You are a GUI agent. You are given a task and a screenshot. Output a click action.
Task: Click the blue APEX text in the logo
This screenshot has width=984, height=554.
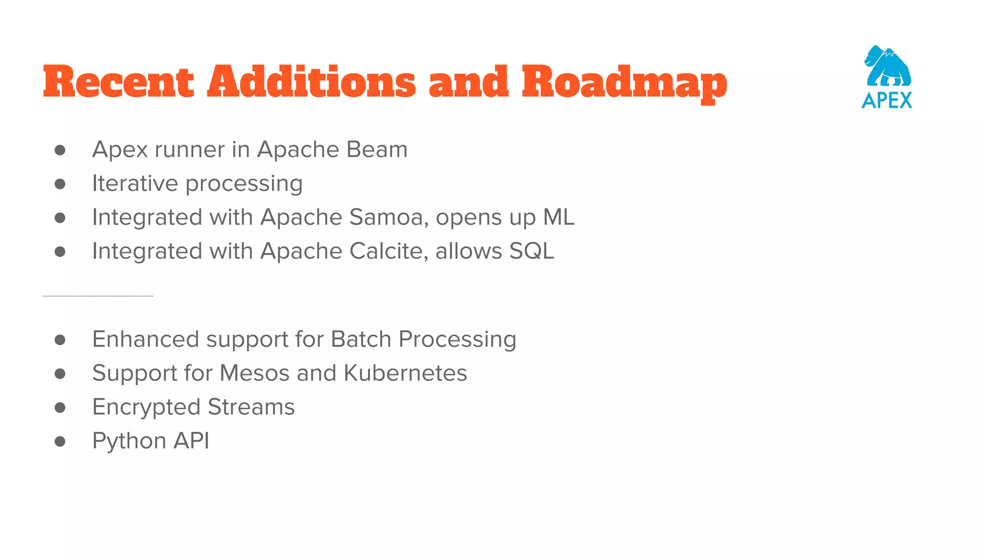[887, 101]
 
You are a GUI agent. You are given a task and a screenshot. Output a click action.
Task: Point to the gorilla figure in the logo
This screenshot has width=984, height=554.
[888, 66]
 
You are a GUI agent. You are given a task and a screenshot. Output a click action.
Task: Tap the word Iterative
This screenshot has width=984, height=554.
[135, 183]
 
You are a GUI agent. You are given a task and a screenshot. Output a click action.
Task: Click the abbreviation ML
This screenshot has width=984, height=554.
[559, 217]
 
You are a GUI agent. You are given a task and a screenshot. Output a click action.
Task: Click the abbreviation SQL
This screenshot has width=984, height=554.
[531, 251]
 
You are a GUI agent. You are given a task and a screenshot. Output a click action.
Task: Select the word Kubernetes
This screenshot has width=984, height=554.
[406, 373]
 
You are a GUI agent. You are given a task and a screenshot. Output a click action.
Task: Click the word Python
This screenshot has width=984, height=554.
[129, 441]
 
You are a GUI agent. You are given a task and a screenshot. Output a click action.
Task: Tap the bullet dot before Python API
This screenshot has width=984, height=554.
[60, 441]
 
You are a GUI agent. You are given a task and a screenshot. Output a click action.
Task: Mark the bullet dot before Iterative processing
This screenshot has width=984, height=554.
[60, 184]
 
